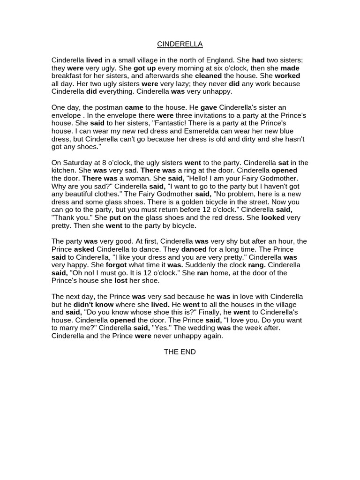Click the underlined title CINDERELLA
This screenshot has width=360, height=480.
180,44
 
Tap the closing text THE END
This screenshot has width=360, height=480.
180,352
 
